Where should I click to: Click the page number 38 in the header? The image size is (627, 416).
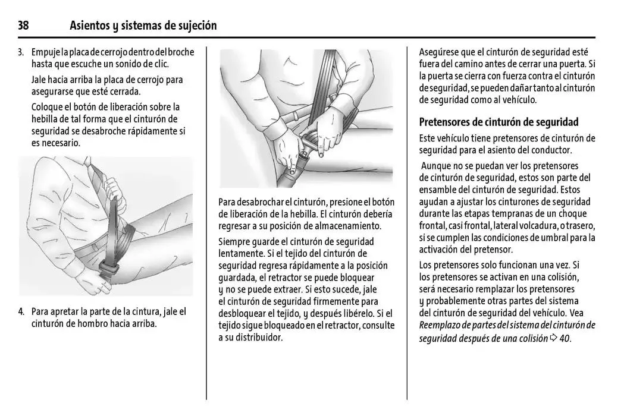tap(23, 26)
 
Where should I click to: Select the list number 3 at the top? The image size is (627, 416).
tap(20, 52)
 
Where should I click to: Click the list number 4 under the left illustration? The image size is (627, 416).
tap(21, 311)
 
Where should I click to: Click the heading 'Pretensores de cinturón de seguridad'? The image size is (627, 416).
tap(499, 122)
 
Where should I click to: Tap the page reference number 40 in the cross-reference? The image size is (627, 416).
tap(565, 339)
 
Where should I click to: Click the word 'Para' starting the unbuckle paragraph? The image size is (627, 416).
tap(229, 202)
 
